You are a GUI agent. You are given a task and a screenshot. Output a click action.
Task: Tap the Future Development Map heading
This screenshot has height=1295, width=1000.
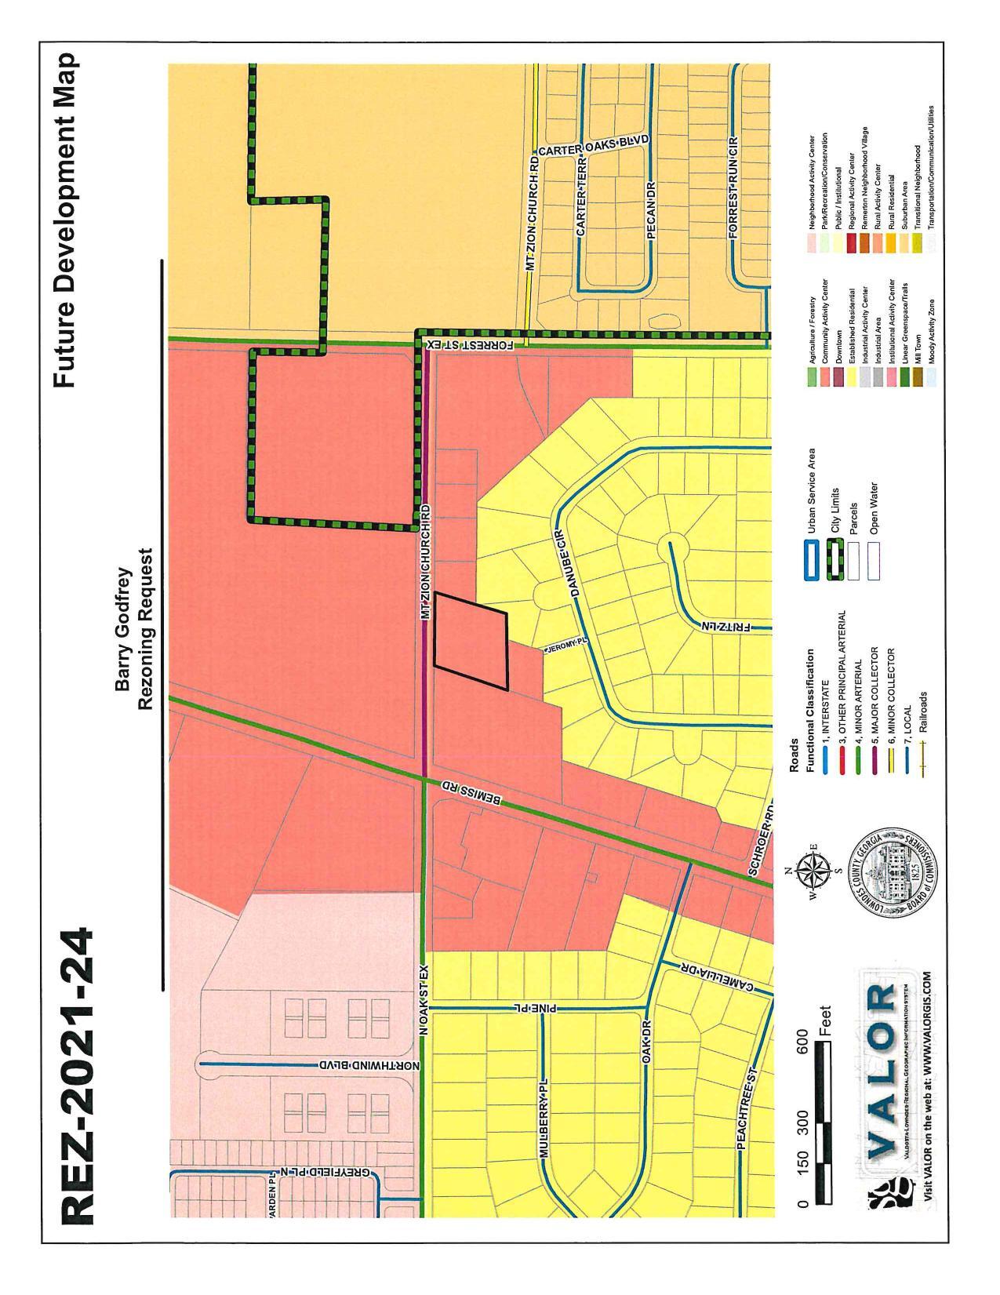click(66, 220)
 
